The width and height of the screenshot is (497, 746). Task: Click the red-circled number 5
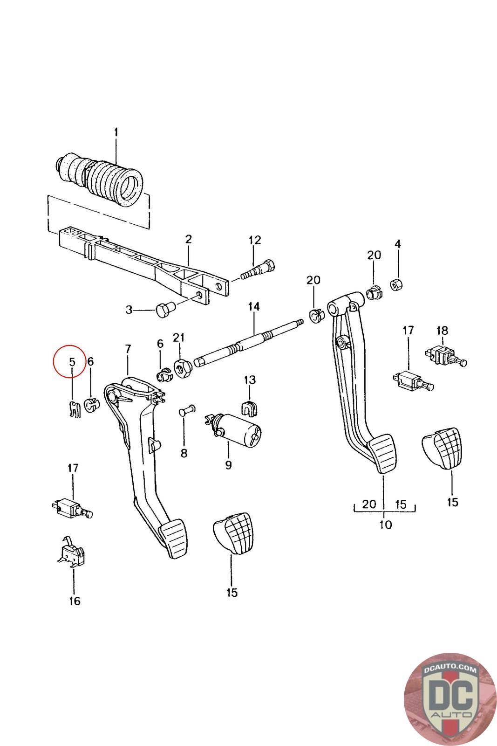pyautogui.click(x=72, y=361)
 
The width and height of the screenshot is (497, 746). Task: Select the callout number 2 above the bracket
pyautogui.click(x=188, y=239)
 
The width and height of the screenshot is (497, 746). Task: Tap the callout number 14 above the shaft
pyautogui.click(x=254, y=307)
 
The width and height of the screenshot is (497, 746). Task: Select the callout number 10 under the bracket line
pyautogui.click(x=386, y=525)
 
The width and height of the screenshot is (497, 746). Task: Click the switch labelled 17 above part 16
pyautogui.click(x=70, y=508)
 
